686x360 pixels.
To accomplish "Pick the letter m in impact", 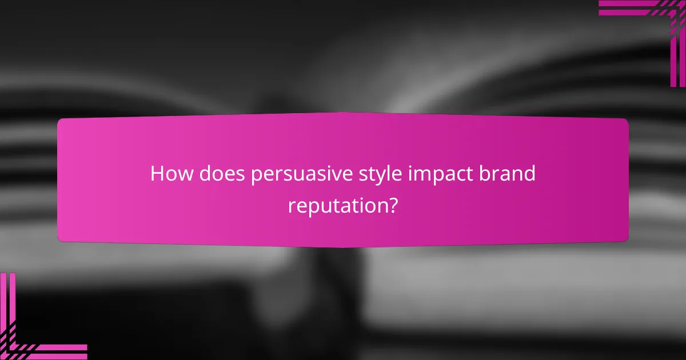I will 426,175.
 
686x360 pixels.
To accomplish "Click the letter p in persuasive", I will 257,177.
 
